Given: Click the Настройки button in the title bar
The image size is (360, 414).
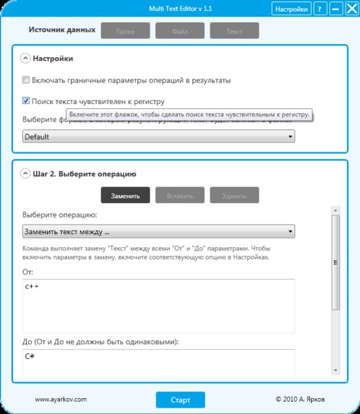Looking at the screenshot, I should pyautogui.click(x=291, y=9).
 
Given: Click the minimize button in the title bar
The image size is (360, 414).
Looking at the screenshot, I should pyautogui.click(x=335, y=9).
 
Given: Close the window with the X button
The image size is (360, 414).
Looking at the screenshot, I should pyautogui.click(x=350, y=9).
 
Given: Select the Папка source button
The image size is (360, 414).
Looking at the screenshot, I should pyautogui.click(x=125, y=32).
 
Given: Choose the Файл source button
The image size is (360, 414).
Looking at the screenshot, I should pyautogui.click(x=180, y=32).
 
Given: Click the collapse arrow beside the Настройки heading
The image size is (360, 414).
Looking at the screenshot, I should pyautogui.click(x=25, y=59).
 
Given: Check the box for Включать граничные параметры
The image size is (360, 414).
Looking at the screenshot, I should pyautogui.click(x=26, y=79).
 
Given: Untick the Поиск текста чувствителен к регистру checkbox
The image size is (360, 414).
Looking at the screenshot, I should pyautogui.click(x=26, y=102).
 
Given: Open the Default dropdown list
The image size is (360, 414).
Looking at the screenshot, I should pyautogui.click(x=158, y=136).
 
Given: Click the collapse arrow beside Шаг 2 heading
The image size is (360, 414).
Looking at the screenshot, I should pyautogui.click(x=25, y=174).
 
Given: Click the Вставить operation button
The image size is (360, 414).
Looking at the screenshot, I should pyautogui.click(x=180, y=196).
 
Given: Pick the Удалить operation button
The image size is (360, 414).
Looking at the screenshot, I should pyautogui.click(x=235, y=196).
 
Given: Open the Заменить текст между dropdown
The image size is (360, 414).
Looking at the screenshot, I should pyautogui.click(x=158, y=232).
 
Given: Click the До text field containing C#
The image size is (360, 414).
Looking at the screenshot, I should pyautogui.click(x=158, y=361).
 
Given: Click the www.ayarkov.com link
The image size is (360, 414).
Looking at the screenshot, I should pyautogui.click(x=61, y=399).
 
